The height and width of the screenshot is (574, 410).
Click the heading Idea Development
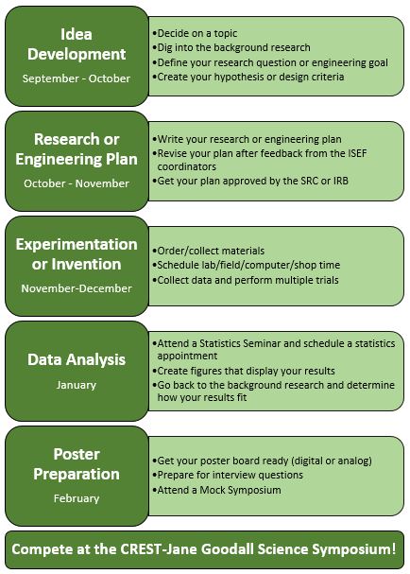[x=77, y=44]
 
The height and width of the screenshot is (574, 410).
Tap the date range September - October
[x=77, y=78]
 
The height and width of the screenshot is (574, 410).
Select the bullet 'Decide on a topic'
[x=195, y=33]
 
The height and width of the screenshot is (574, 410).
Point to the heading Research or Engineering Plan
[x=77, y=149]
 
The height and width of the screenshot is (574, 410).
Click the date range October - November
[x=77, y=183]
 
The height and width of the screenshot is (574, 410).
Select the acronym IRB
[x=340, y=181]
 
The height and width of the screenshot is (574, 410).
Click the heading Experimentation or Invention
[x=77, y=254]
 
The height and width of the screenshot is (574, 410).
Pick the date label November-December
[x=77, y=288]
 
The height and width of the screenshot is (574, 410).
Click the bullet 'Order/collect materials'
[x=208, y=251]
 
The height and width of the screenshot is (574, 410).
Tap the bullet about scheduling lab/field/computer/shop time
[x=247, y=265]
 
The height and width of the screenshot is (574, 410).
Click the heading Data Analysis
[x=77, y=359]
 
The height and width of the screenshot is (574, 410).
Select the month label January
[x=77, y=385]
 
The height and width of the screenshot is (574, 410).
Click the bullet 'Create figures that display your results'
[x=244, y=371]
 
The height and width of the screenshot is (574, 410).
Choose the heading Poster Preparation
[x=77, y=464]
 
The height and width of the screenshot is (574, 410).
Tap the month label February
[x=77, y=498]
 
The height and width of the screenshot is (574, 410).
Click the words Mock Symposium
[x=240, y=490]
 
